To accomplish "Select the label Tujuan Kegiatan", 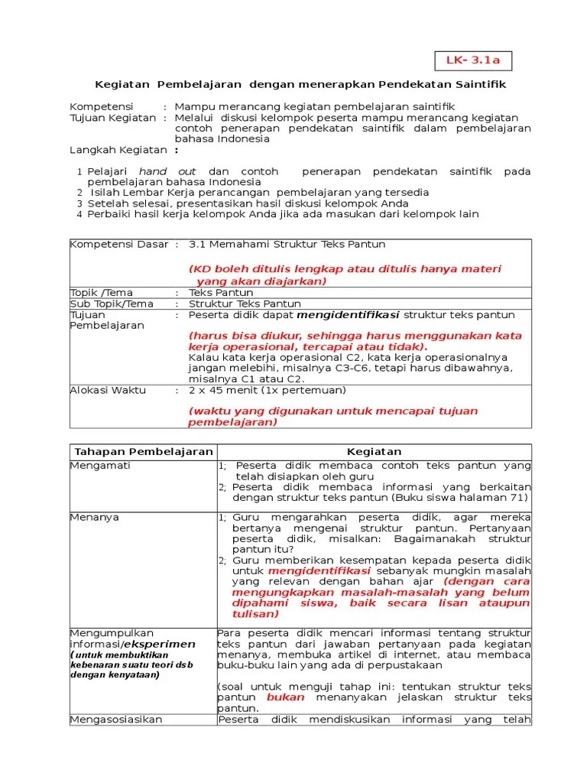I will (x=112, y=118).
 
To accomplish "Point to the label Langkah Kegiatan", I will (x=118, y=150).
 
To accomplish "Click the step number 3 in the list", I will (x=79, y=203).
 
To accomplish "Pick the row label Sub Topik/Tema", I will (x=112, y=304).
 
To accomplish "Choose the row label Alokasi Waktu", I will (x=108, y=389).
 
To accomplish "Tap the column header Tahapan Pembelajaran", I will (x=142, y=452).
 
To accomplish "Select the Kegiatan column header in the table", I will (x=374, y=452).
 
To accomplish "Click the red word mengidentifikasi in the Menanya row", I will (x=319, y=570).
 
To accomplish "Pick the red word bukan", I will (x=285, y=697).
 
